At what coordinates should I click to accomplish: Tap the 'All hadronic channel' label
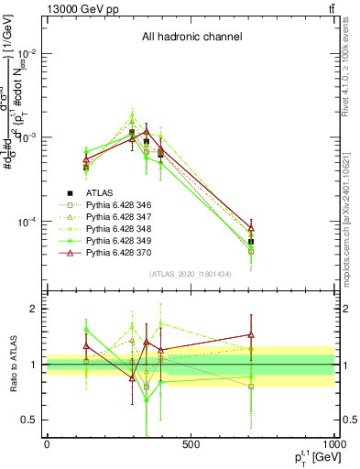(x=191, y=37)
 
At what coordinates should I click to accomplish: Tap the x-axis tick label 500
(x=191, y=444)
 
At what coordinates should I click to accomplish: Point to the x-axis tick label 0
(x=47, y=444)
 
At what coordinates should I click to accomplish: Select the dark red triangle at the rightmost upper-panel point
(x=251, y=227)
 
